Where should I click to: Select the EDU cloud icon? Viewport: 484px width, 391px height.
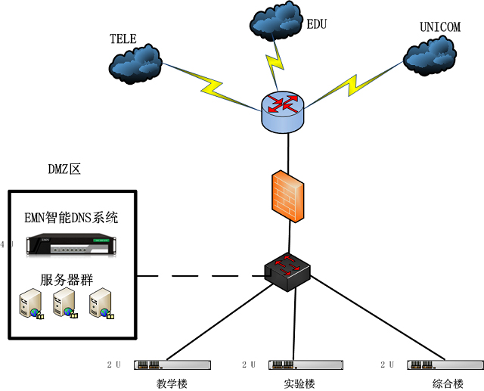275,25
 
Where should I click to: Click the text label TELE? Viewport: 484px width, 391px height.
123,38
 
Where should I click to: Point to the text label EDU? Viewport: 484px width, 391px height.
316,24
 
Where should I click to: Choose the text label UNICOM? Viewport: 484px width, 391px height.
439,27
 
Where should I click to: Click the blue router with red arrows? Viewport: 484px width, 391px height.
284,110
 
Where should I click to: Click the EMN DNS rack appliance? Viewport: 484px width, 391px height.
71,244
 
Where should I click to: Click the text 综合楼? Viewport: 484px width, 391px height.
447,383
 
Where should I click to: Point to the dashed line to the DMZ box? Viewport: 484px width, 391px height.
200,276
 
